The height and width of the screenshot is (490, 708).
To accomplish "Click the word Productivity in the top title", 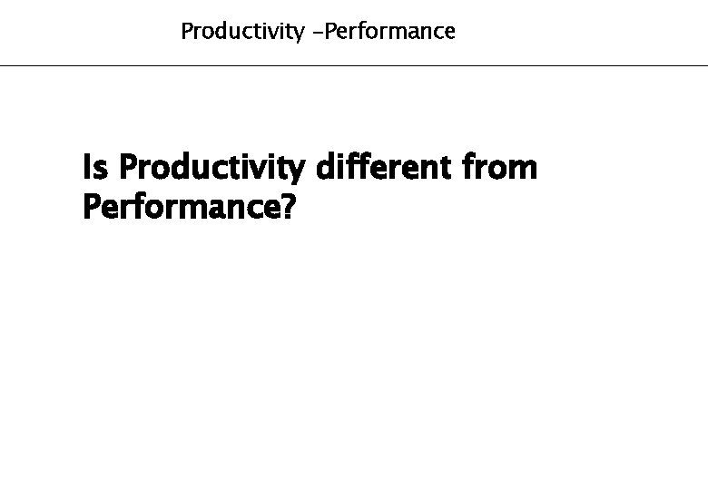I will (x=242, y=33).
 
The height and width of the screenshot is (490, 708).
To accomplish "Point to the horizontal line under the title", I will (x=354, y=65).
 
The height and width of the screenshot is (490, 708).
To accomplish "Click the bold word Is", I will (x=94, y=168).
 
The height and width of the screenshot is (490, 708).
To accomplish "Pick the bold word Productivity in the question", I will (x=212, y=170).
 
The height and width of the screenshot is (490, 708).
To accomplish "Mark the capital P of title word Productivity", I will (x=187, y=32).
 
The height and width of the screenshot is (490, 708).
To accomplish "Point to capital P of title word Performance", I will (x=323, y=32).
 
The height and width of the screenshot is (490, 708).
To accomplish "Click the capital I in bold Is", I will (x=86, y=168).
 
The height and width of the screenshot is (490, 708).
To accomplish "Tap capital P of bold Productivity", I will (x=128, y=168).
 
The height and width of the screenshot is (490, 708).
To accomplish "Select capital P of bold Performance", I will (x=91, y=208).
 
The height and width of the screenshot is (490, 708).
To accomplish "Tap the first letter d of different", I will (x=323, y=168).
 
